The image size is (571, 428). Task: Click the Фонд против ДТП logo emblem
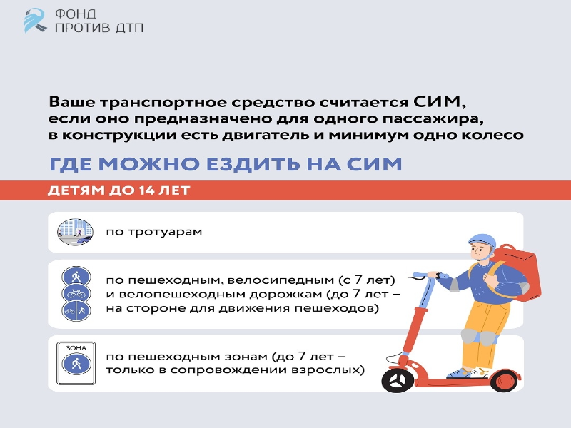point(35,21)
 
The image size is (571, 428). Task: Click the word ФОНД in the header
point(76,14)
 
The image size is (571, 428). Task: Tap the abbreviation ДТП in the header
point(130,27)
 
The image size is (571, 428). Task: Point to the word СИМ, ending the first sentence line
point(440,101)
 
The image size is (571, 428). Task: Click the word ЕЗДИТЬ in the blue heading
point(253,164)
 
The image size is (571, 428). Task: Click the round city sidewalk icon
point(75,232)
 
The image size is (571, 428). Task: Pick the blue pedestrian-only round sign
point(76,276)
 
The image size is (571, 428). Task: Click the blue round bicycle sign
point(76,293)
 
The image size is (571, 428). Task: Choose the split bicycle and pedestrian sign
point(76,310)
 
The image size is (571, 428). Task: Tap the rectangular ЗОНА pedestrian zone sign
point(76,363)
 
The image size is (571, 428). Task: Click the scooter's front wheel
point(398,381)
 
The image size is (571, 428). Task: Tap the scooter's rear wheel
point(505,381)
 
